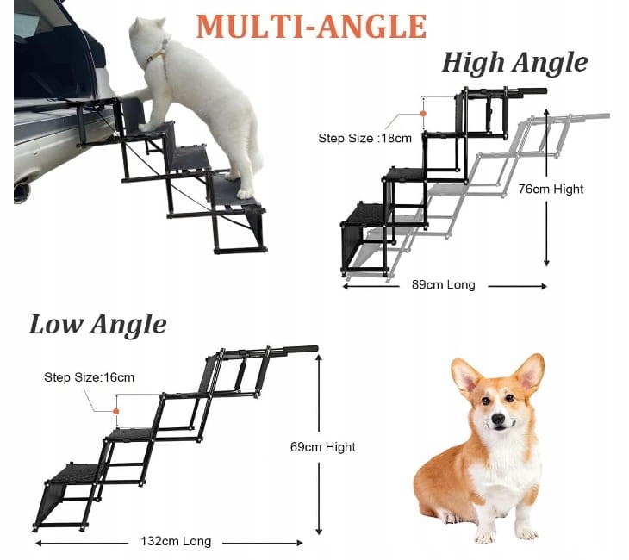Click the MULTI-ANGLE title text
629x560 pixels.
(x=311, y=27)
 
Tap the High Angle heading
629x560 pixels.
(x=514, y=63)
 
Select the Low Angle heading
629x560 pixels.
(x=97, y=324)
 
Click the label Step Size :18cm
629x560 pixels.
(x=364, y=139)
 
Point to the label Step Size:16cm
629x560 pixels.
(x=89, y=377)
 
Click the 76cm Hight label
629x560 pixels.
(x=551, y=189)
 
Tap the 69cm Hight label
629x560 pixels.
(x=323, y=447)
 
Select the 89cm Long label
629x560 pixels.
(x=443, y=285)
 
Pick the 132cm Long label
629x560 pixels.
(x=176, y=541)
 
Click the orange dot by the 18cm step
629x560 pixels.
(x=423, y=114)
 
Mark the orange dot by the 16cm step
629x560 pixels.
(x=116, y=411)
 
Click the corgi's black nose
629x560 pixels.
(x=498, y=420)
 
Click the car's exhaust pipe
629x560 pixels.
(x=22, y=191)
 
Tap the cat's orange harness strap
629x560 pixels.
(x=158, y=54)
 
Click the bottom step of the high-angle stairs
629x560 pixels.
(x=365, y=215)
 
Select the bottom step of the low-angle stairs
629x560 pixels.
(x=72, y=473)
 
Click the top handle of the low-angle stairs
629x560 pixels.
(x=300, y=349)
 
